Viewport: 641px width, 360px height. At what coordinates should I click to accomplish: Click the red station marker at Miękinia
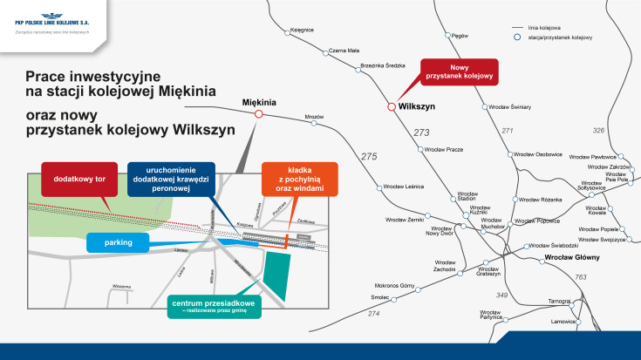(258, 113)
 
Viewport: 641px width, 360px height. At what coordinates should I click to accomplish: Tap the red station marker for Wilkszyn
(391, 106)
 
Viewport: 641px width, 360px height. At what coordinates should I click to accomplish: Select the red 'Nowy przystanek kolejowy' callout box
(460, 72)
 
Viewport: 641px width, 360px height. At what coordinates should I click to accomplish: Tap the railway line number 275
(368, 157)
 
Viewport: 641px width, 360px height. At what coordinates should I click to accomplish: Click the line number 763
(580, 277)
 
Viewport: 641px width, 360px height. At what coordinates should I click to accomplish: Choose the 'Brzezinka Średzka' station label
(383, 65)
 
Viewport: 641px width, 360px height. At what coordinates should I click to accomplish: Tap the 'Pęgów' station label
(460, 37)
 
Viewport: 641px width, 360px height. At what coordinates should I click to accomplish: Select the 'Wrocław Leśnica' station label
(404, 187)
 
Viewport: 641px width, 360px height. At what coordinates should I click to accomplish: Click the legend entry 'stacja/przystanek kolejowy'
(560, 38)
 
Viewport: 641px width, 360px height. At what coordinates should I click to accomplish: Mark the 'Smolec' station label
(378, 296)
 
